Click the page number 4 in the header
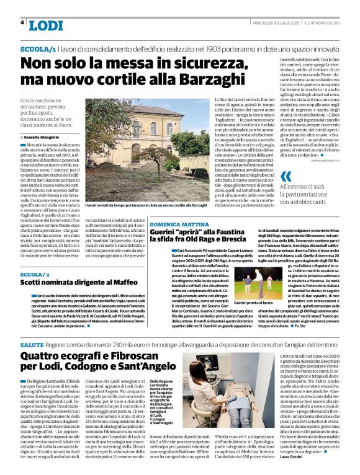(22, 22)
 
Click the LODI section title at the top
(46, 25)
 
